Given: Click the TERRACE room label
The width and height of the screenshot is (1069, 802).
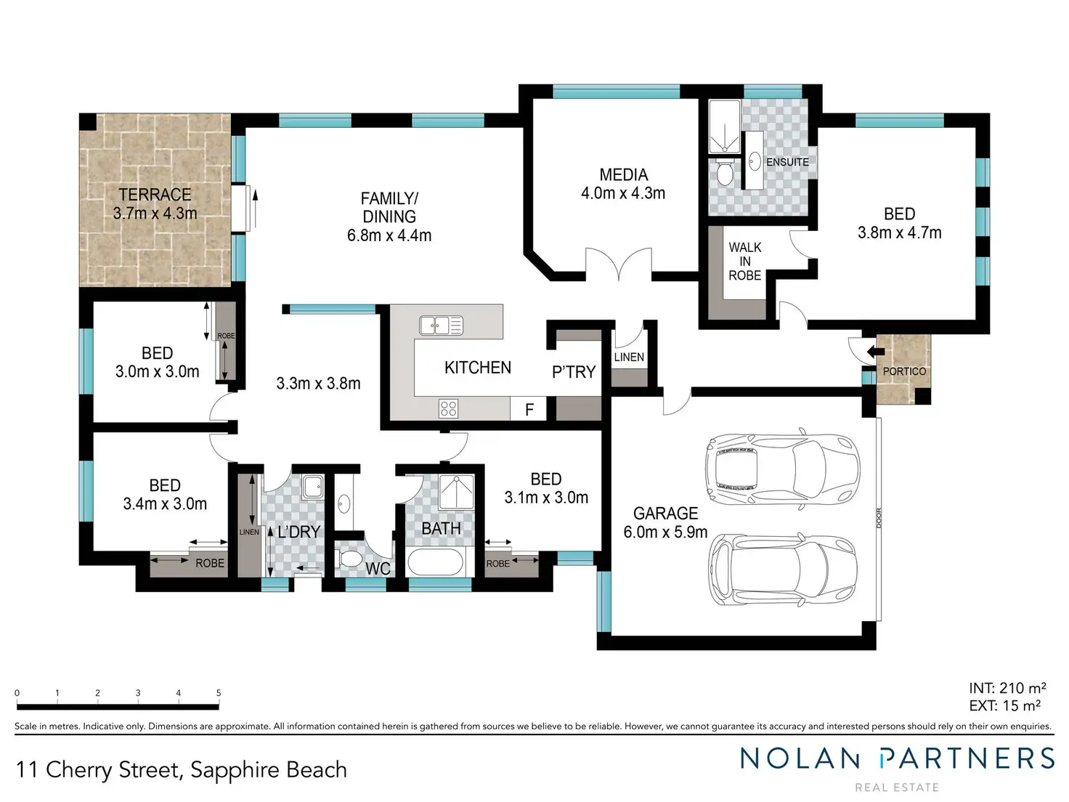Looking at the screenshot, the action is [x=155, y=195].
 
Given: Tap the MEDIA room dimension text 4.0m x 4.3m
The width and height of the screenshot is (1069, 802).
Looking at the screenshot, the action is [x=623, y=193].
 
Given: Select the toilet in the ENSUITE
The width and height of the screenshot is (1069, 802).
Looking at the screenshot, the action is [x=725, y=172].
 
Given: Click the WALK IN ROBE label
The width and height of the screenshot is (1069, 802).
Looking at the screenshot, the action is [x=744, y=262].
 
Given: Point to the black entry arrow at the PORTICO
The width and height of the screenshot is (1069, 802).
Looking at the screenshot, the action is [x=875, y=351].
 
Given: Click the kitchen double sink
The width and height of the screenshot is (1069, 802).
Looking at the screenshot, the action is [x=442, y=325].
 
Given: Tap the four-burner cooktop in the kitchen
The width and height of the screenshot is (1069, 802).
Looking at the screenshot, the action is [x=448, y=409].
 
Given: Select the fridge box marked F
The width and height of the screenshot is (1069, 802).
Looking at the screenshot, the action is [x=529, y=408].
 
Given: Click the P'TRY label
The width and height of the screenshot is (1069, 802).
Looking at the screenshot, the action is [x=574, y=372].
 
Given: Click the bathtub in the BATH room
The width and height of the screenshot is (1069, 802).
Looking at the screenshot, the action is [x=436, y=562].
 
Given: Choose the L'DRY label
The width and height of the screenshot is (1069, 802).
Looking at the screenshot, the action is [x=299, y=532].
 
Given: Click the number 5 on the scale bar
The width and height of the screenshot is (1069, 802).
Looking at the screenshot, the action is [x=219, y=692].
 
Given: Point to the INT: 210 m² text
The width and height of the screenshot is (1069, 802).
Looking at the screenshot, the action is [x=1007, y=688].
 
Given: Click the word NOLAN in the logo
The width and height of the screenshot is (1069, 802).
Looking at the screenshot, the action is [x=799, y=758].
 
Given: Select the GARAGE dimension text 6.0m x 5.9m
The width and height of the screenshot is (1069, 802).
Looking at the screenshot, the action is [x=665, y=532].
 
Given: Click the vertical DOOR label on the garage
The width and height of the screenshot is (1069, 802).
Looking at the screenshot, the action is [x=879, y=518].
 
